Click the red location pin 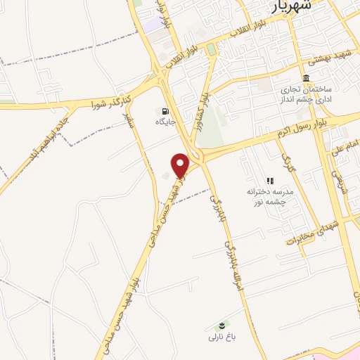181,165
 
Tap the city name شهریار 291,7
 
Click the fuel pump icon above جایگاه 165,111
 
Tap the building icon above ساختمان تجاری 306,78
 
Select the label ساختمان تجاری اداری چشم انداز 309,96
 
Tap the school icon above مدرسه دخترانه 269,181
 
